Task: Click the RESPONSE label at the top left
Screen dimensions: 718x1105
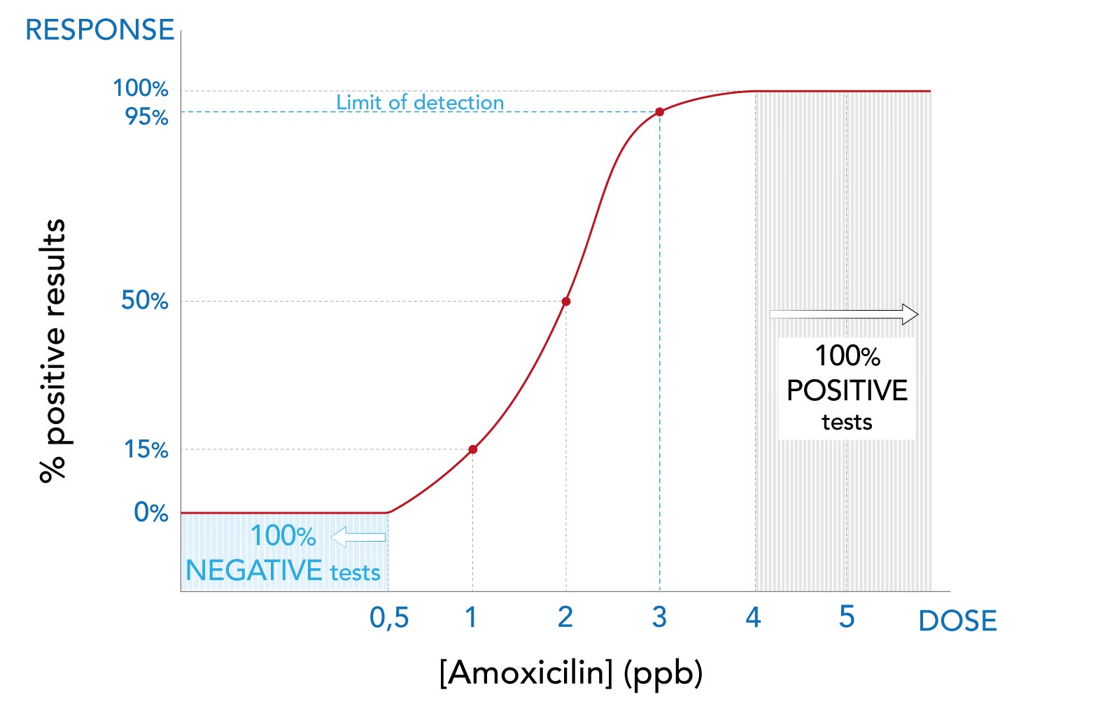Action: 99,30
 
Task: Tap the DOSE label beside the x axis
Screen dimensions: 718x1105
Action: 957,621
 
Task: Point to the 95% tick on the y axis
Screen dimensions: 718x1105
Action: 147,116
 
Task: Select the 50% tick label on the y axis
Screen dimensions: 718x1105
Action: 145,300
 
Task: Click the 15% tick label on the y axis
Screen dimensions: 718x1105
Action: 146,449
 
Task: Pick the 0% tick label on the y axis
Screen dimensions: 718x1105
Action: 151,512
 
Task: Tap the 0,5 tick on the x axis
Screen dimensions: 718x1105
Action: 389,618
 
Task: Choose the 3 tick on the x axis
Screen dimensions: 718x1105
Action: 659,617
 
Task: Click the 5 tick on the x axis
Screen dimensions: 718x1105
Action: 847,617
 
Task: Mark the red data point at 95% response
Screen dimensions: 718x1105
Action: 659,112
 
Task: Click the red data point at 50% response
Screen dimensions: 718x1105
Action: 566,302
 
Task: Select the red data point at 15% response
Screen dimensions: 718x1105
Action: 473,449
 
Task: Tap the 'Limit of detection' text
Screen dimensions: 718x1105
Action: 420,102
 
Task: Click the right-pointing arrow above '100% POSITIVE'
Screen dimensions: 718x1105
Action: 844,314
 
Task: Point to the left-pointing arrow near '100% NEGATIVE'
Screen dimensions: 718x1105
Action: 358,537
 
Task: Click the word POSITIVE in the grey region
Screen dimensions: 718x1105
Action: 847,390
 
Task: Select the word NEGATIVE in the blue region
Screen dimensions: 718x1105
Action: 253,571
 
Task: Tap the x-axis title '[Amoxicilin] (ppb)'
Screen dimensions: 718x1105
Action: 570,673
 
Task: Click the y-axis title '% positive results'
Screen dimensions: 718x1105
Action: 53,350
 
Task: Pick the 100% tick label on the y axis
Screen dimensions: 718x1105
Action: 141,88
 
